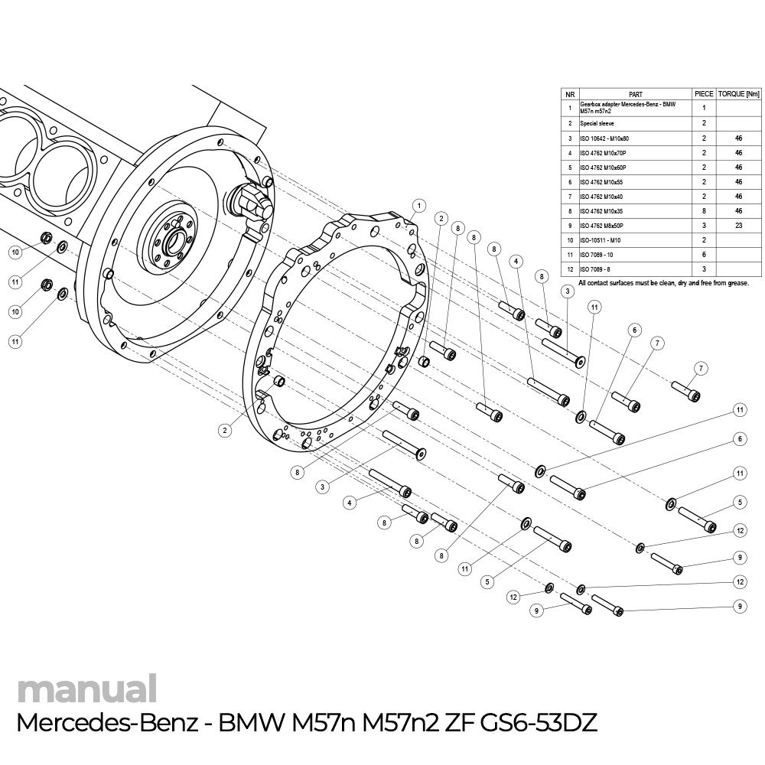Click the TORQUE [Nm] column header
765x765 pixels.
click(739, 93)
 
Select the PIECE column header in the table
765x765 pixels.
click(703, 93)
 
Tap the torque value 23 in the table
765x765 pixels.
click(739, 226)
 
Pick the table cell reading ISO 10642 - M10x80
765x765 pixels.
click(604, 138)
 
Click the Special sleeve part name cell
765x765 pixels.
click(597, 123)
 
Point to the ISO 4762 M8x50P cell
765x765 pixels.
click(602, 226)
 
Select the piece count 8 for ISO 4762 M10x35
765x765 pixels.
click(703, 210)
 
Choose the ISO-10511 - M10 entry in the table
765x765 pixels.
click(601, 240)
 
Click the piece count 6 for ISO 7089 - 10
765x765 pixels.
click(703, 255)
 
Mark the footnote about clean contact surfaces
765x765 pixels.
click(663, 283)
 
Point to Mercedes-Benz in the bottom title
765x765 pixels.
click(106, 723)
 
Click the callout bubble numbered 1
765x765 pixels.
click(418, 205)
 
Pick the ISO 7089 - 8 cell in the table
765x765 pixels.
click(595, 269)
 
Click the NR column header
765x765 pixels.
click(570, 93)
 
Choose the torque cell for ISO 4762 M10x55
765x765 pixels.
click(739, 181)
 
